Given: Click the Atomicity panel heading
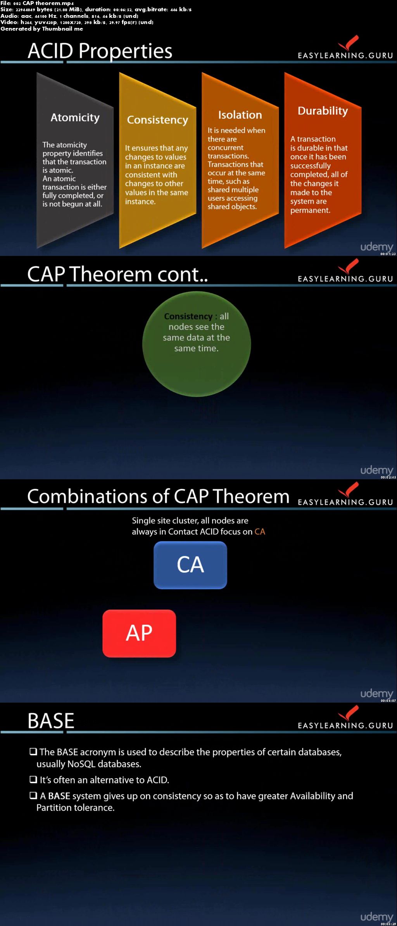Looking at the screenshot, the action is (x=75, y=117).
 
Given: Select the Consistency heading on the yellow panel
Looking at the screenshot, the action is (x=157, y=120).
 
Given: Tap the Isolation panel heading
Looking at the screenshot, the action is (x=240, y=115).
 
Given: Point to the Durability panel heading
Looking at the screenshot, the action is (x=323, y=111).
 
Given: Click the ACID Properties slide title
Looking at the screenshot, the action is (x=100, y=51).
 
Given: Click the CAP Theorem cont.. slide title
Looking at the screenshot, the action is (x=117, y=274).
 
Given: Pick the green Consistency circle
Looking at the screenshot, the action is (x=197, y=344).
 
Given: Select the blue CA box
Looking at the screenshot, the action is (x=190, y=565).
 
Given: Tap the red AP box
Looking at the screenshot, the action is (x=139, y=633).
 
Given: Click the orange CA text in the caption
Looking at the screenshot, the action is (x=260, y=532).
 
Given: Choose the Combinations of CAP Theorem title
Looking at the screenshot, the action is (x=158, y=496).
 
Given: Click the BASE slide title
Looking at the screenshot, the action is (x=51, y=721).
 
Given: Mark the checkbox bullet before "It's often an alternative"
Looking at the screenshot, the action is (x=33, y=779).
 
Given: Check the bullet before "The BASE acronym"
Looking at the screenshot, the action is (x=33, y=752).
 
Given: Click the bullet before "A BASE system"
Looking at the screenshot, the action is (x=33, y=795).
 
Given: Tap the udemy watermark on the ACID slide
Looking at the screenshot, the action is (x=376, y=247).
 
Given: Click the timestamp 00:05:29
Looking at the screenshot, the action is (x=388, y=924).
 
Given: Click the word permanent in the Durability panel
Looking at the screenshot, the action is (x=310, y=211).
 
